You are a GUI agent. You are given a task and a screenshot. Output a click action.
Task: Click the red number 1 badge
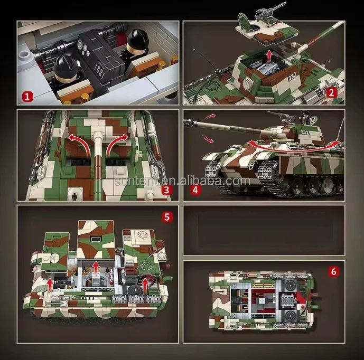[27, 97]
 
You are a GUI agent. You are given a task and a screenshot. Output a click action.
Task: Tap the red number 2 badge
[331, 93]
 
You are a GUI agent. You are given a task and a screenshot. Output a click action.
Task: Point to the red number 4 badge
[195, 190]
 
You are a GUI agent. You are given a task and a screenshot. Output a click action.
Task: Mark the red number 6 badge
[333, 272]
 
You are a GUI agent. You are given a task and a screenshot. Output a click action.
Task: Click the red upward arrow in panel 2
[268, 54]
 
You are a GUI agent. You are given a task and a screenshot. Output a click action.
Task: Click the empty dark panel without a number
[264, 230]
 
